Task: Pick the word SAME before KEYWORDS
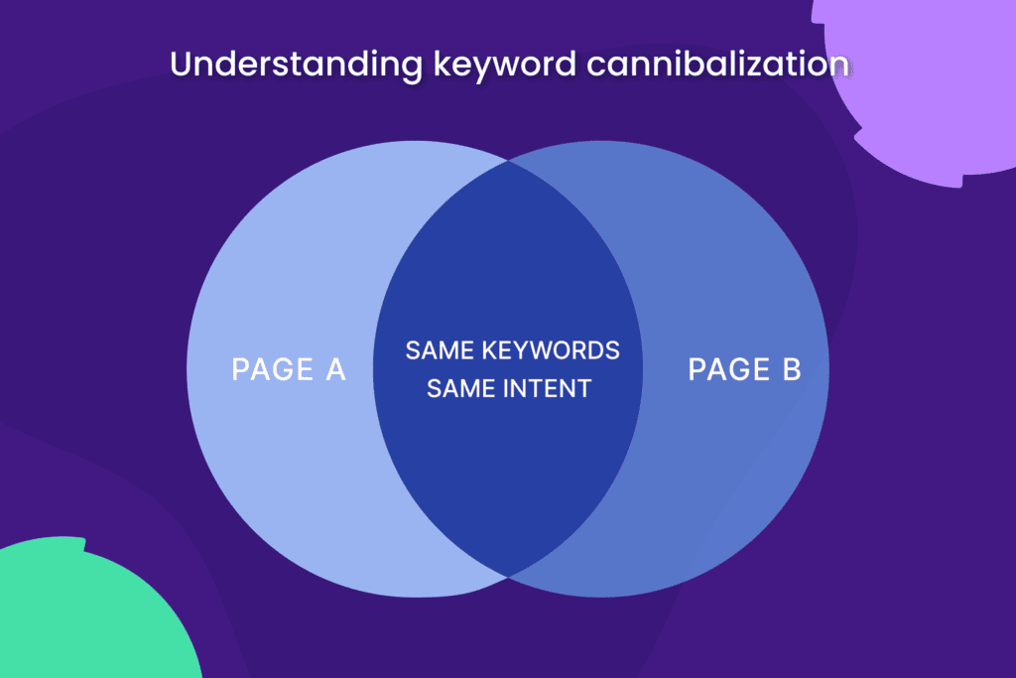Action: (x=438, y=350)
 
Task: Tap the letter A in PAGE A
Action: (x=334, y=370)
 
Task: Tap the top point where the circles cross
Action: (x=508, y=161)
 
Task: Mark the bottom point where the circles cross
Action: (x=508, y=576)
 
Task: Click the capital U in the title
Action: (x=181, y=65)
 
